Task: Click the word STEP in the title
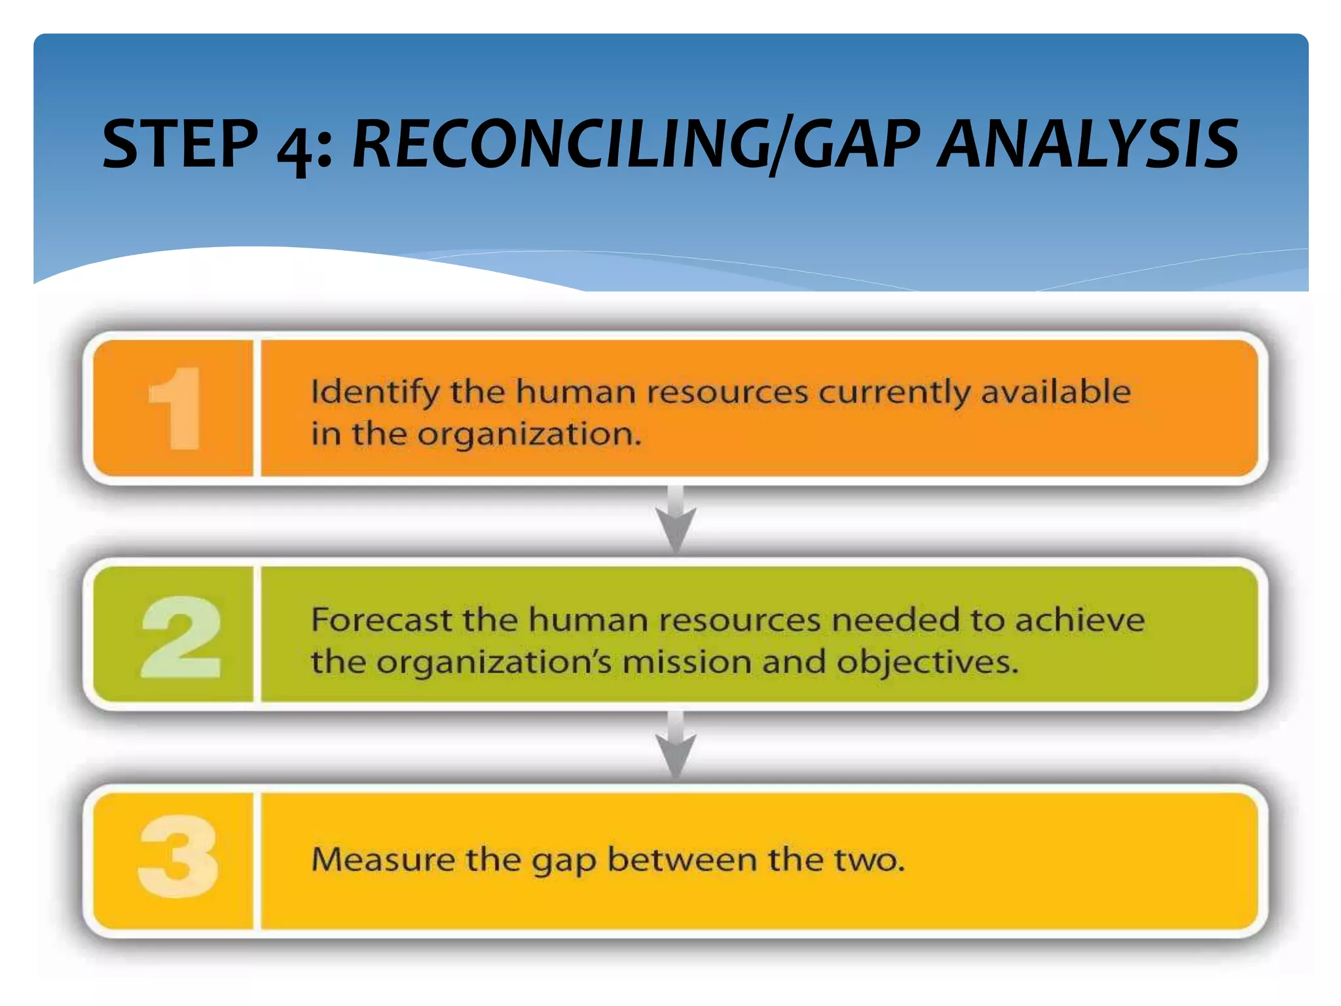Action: (180, 144)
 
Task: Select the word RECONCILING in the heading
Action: (560, 144)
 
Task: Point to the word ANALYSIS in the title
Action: (1087, 144)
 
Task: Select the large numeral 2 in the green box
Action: (181, 637)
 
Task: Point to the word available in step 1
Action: (1055, 392)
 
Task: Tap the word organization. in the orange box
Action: (529, 435)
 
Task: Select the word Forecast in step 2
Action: (381, 620)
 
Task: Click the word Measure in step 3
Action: (382, 859)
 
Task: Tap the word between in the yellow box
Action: (682, 859)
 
